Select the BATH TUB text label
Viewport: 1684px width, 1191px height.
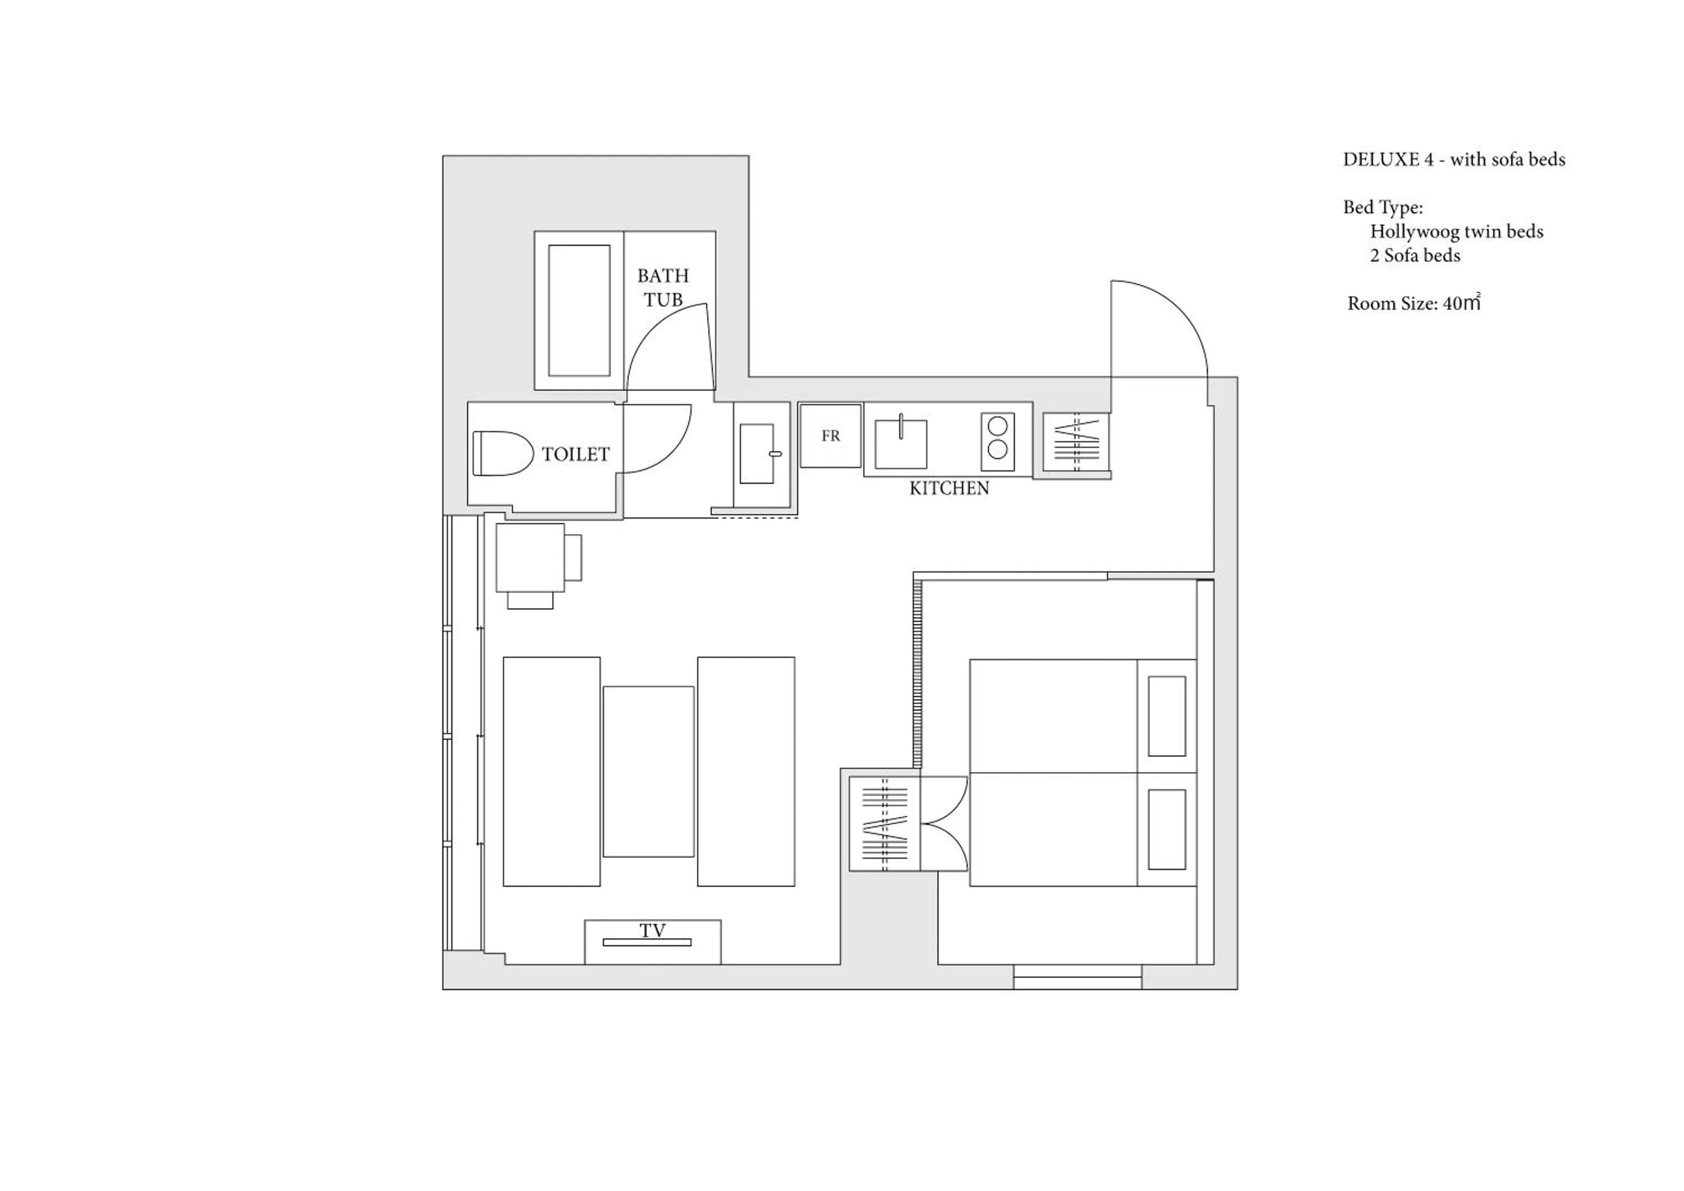click(663, 287)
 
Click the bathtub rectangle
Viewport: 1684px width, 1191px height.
click(579, 310)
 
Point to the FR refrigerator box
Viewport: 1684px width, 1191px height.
click(830, 436)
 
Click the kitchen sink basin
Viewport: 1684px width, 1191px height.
click(901, 444)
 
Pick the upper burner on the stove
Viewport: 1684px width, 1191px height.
click(997, 425)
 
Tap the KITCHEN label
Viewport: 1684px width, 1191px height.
click(949, 488)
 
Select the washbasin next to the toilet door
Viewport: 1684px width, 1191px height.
click(756, 454)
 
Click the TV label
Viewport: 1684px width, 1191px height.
click(652, 931)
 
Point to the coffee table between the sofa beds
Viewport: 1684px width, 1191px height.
click(648, 772)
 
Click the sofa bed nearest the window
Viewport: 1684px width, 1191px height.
click(552, 772)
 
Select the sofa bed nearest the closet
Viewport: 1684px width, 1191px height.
click(746, 772)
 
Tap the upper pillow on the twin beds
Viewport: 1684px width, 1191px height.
click(1166, 716)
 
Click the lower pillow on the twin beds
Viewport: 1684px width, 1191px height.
click(1166, 830)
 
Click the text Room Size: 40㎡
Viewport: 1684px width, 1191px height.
click(1413, 303)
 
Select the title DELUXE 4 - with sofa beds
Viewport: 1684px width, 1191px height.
click(1454, 159)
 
